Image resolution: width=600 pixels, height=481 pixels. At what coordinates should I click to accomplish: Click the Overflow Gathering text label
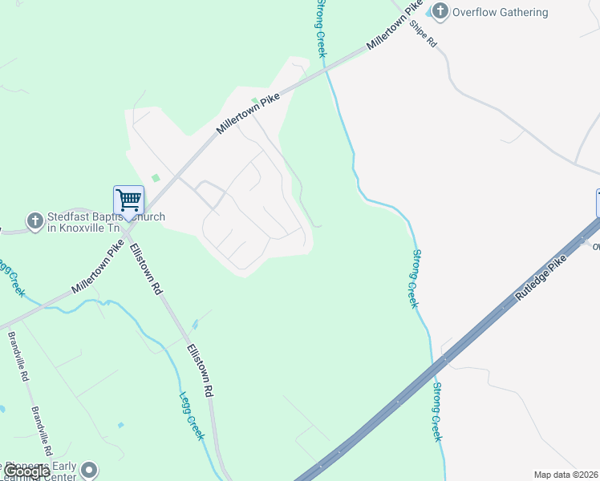click(x=500, y=12)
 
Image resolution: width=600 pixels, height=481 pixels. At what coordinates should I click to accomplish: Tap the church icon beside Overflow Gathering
click(x=440, y=11)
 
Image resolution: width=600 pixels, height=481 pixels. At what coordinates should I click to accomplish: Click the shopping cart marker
click(x=128, y=200)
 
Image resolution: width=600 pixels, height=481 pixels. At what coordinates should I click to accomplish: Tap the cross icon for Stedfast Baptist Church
click(x=34, y=220)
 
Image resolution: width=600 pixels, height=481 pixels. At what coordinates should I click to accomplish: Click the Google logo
click(x=26, y=472)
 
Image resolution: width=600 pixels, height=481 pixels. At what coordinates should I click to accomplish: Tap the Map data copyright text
click(x=566, y=475)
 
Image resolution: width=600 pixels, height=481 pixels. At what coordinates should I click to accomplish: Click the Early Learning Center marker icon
click(x=89, y=469)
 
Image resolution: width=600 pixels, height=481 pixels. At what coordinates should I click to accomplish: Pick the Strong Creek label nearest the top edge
click(x=321, y=28)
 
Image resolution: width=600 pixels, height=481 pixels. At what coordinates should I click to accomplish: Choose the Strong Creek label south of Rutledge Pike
click(x=437, y=411)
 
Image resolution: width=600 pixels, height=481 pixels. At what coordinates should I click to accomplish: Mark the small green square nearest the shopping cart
click(x=156, y=178)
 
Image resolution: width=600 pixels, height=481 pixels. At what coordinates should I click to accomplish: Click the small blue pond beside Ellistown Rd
click(x=195, y=325)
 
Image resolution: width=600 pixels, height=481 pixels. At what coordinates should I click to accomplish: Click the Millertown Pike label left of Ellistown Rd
click(x=97, y=267)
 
